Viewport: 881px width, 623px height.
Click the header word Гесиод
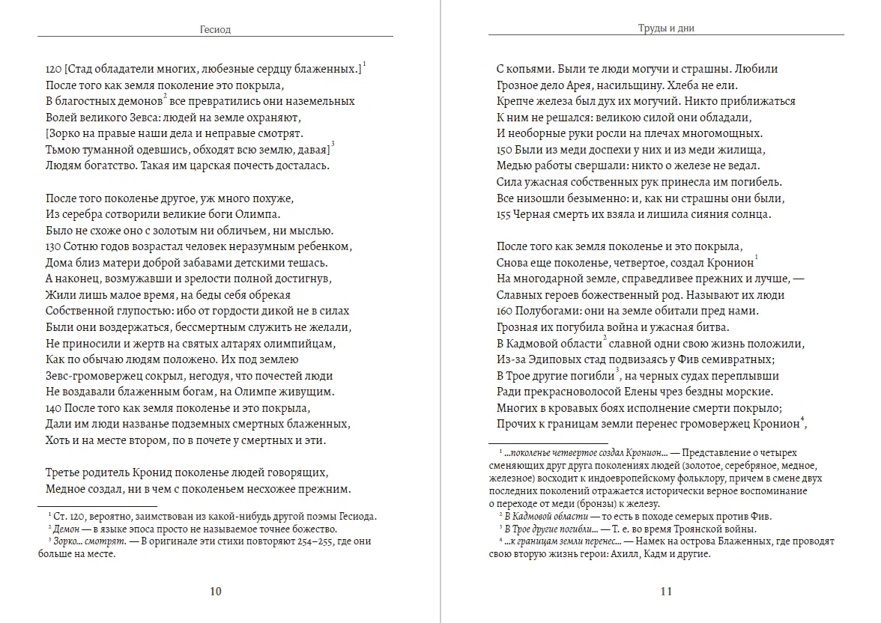(215, 30)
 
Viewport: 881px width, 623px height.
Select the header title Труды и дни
(666, 29)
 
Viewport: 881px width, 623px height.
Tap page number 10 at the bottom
(215, 592)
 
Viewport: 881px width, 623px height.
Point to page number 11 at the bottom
(666, 592)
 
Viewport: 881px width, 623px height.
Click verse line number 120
(53, 69)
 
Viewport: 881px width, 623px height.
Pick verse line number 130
(53, 246)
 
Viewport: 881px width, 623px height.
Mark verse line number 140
(53, 408)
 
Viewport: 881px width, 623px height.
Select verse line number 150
(504, 150)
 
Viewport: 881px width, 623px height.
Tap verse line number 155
(504, 214)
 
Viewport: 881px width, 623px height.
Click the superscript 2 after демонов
(164, 96)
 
